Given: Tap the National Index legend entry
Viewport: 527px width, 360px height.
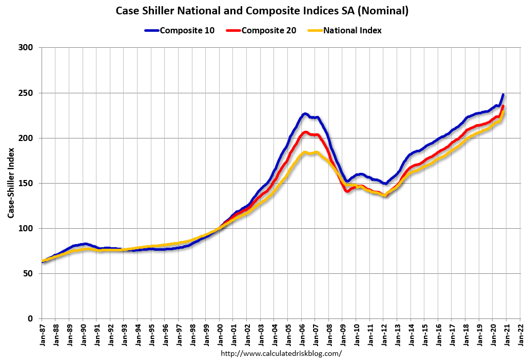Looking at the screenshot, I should [345, 30].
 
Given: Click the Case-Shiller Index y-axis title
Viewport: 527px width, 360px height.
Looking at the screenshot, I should [11, 183].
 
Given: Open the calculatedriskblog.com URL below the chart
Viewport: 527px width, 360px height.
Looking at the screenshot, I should [281, 353].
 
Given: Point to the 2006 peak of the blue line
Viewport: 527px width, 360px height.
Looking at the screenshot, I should [305, 113].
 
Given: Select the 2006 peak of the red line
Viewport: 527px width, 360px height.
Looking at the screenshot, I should [305, 132].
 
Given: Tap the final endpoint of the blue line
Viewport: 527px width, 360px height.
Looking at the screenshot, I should [503, 94].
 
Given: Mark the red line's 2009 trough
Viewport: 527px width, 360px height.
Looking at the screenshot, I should [348, 191].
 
